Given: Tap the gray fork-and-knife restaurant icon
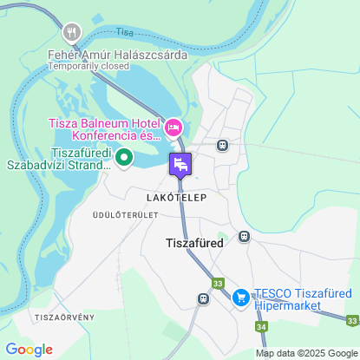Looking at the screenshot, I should click(x=71, y=32).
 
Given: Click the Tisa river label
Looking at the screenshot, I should click(x=126, y=32).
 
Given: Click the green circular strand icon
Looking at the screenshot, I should click(x=123, y=157).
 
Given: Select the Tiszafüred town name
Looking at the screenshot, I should click(x=194, y=244).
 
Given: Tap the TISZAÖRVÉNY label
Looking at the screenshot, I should click(x=65, y=317).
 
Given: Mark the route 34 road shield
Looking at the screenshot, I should click(x=261, y=326).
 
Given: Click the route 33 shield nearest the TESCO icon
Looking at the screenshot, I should click(x=217, y=284).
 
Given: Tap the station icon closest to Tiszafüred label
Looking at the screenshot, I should click(x=245, y=235).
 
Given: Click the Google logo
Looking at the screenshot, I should click(x=29, y=350).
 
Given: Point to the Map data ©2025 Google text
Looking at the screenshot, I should click(x=306, y=353).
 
